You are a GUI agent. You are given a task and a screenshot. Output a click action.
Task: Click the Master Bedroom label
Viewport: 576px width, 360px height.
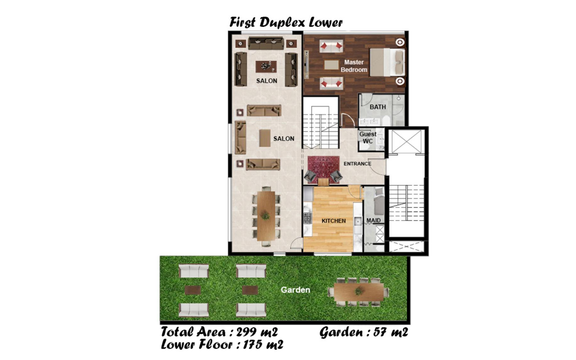354,66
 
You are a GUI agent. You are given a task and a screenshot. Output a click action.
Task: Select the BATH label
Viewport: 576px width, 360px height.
378,107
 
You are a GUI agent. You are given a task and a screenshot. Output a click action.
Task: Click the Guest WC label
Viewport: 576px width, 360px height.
368,138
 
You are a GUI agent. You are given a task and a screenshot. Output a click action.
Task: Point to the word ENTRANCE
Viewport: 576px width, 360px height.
357,164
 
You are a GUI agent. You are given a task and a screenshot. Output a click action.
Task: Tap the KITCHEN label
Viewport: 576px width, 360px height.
334,221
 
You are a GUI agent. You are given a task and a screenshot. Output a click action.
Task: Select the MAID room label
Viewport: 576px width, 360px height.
373,221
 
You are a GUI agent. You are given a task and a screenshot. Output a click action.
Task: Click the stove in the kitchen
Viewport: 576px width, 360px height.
307,218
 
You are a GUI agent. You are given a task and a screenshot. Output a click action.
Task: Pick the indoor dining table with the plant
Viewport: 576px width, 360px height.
266,216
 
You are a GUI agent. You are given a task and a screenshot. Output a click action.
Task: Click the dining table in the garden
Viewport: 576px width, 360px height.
359,292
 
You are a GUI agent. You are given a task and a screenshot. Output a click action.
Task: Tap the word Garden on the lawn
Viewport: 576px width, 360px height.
295,290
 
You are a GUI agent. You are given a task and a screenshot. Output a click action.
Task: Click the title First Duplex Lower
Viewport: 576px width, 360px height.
286,23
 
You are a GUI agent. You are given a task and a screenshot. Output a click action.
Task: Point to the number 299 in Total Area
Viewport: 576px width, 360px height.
248,332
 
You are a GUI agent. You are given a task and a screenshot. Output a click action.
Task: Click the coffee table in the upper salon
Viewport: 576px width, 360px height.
266,67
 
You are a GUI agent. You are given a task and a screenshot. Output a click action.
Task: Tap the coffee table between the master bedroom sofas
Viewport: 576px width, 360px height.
331,65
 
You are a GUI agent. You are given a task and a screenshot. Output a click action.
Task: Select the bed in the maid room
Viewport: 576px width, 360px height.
379,201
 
